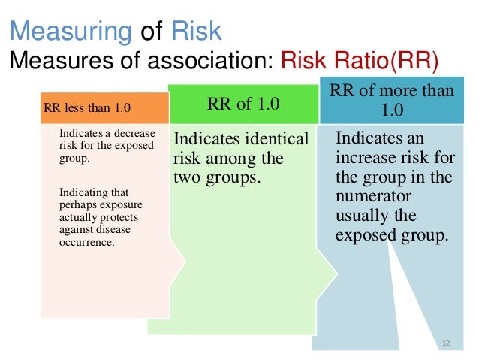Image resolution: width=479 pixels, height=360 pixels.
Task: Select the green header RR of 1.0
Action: click(x=244, y=104)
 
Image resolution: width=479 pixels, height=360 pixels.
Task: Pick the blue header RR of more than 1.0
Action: click(x=392, y=100)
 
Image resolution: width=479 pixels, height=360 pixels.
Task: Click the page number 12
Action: click(x=445, y=343)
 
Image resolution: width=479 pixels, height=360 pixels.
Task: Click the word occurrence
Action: click(x=86, y=244)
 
